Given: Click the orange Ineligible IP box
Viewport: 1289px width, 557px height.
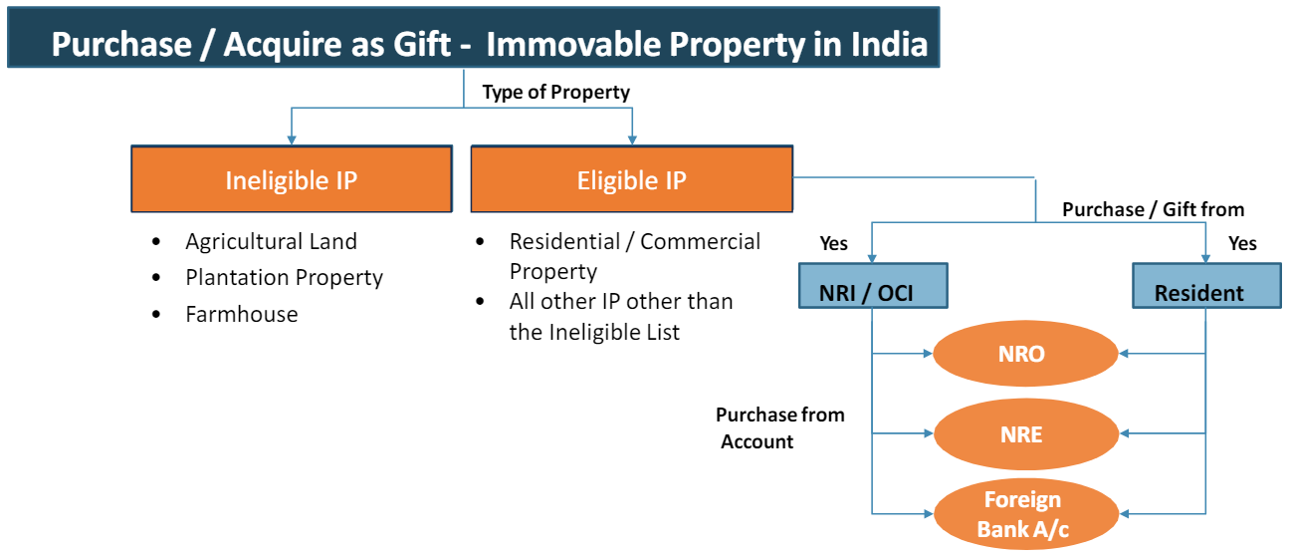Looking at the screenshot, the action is [x=292, y=179].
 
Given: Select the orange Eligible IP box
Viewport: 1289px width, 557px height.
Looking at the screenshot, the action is [x=632, y=179].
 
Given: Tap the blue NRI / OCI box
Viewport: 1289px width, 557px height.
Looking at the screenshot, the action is [x=873, y=286].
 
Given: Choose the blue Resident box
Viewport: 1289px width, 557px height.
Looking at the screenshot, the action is [x=1206, y=286].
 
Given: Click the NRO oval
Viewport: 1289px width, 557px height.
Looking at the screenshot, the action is [x=1025, y=353].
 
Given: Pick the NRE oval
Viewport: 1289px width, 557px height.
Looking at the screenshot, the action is [x=1026, y=433].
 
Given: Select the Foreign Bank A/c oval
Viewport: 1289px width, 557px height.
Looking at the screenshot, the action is [x=1026, y=514].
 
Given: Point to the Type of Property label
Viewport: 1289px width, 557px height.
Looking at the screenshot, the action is [x=555, y=92].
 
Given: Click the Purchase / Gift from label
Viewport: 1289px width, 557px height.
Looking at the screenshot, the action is [x=1154, y=209].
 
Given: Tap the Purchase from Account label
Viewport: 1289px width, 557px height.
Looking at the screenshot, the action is [x=779, y=428].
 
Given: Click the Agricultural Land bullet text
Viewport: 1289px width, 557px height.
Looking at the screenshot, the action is [x=271, y=241].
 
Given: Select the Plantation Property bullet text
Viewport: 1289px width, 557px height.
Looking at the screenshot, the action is [x=285, y=278].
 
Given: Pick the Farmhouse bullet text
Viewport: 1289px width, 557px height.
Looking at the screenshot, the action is [x=242, y=314].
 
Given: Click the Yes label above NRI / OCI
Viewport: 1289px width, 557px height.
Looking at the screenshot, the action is [x=833, y=243].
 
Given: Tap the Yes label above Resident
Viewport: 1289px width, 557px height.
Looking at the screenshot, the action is [x=1242, y=243].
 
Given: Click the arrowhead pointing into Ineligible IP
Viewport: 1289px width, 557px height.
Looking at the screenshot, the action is [x=292, y=139].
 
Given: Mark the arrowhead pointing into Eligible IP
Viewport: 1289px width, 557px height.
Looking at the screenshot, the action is [x=632, y=139].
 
